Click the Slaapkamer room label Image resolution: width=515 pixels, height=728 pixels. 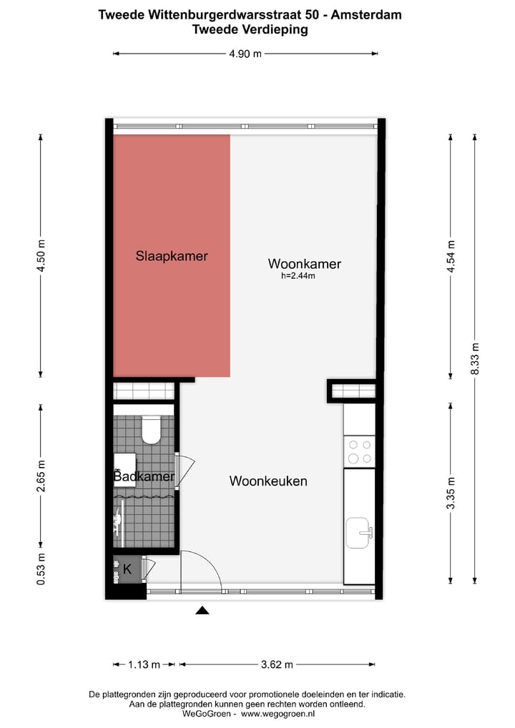172,255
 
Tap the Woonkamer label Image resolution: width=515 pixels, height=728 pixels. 305,264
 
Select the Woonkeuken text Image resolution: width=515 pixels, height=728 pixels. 268,481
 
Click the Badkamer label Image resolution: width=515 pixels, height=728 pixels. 144,476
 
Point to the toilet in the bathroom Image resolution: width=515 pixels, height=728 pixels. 152,431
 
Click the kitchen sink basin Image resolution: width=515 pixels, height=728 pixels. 360,533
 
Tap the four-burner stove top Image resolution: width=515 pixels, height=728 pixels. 359,451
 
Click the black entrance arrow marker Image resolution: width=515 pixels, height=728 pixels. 202,610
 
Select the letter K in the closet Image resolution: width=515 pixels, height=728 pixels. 127,569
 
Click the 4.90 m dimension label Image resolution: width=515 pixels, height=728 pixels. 245,54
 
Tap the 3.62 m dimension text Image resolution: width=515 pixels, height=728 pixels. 276,664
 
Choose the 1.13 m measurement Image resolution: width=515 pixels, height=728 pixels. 143,664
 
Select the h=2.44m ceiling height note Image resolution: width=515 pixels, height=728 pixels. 298,276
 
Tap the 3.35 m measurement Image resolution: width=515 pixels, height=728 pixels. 450,493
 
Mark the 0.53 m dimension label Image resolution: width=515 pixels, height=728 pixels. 41,569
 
